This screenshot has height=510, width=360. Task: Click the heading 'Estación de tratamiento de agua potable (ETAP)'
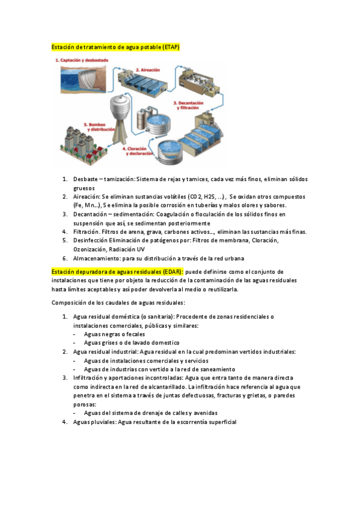115,47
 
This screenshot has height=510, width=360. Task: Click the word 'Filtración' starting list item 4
87,232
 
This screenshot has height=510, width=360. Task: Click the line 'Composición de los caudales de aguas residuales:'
118,303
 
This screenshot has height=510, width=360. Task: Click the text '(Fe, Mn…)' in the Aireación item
87,206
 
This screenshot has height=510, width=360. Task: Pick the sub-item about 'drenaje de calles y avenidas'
150,413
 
